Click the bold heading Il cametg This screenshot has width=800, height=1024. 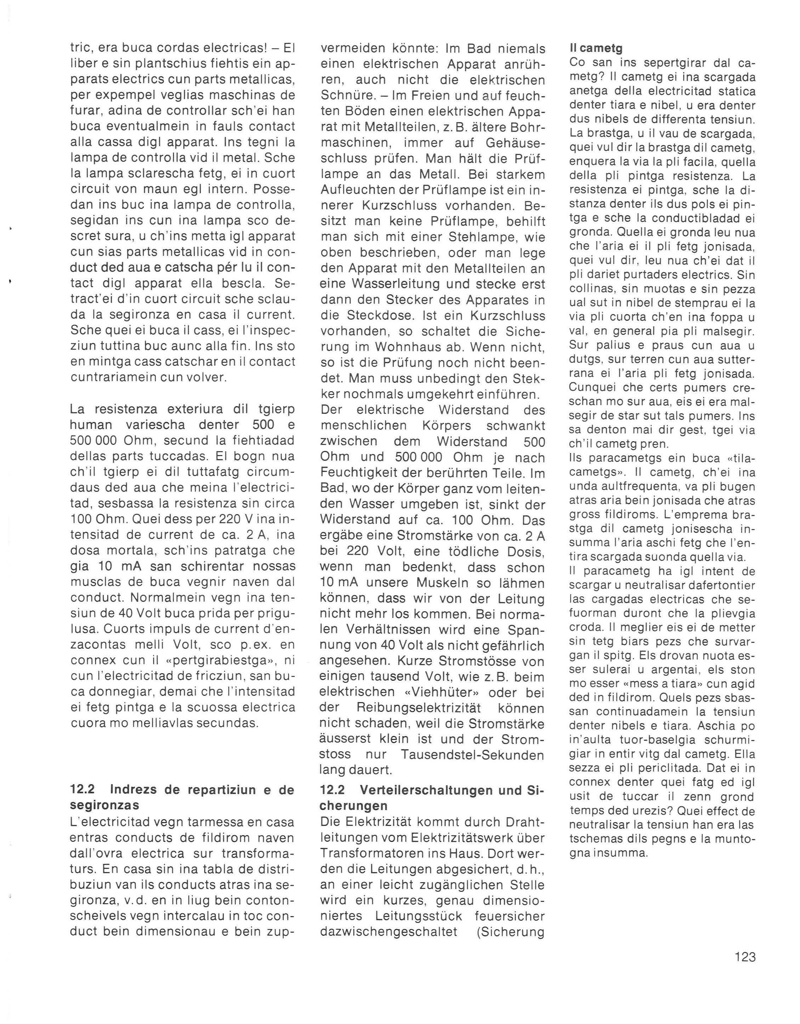pos(596,48)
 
